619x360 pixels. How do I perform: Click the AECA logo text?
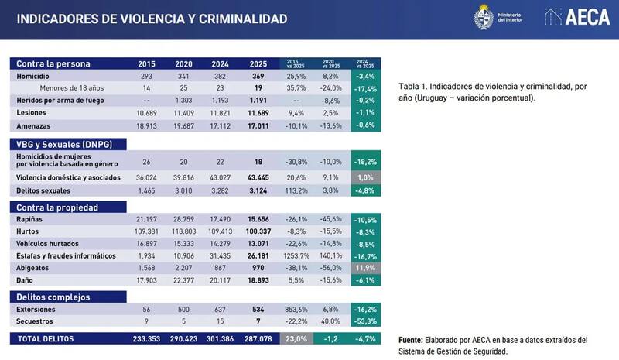(x=590, y=18)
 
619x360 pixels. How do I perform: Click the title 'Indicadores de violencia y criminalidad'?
(x=152, y=18)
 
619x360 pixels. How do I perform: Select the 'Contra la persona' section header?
(x=54, y=63)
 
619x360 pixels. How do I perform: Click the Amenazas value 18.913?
(x=146, y=125)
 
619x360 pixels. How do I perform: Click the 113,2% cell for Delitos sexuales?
(x=297, y=190)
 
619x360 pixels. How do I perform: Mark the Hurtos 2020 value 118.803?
(x=185, y=231)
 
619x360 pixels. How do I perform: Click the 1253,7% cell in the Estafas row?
(x=297, y=255)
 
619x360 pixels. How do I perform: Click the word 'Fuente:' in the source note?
(x=411, y=340)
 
